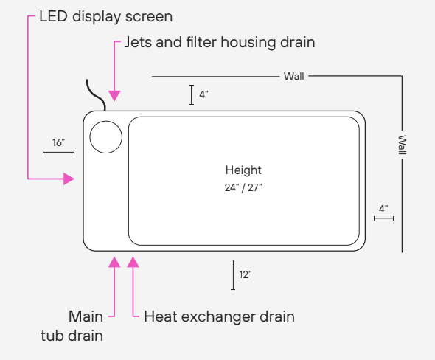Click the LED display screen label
[105, 17]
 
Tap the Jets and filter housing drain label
[220, 43]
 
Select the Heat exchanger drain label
[219, 316]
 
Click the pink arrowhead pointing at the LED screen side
[69, 179]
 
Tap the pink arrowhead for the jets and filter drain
[114, 96]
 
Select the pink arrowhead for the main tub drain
[114, 262]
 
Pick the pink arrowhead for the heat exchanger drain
[133, 262]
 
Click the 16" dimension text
[58, 142]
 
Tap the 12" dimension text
[246, 274]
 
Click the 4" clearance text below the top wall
[203, 94]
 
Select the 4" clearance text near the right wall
[383, 209]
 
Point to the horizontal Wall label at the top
[293, 76]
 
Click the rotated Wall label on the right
[403, 145]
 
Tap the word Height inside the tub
[243, 170]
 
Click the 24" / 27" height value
[243, 188]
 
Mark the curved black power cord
[95, 96]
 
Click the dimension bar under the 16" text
[58, 152]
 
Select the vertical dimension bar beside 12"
[233, 274]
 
